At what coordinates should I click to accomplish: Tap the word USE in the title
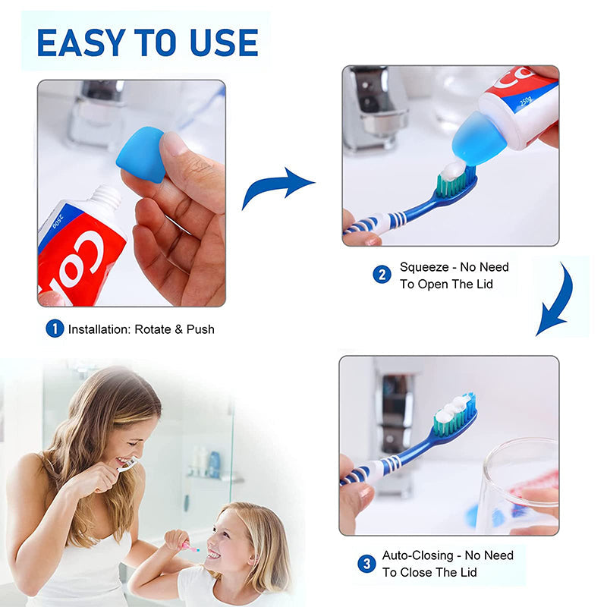(224, 42)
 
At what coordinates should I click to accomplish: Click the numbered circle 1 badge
(55, 329)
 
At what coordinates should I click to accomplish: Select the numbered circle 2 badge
(382, 275)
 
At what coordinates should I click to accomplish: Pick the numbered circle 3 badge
(366, 563)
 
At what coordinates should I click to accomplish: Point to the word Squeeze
(424, 267)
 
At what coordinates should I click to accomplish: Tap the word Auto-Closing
(418, 555)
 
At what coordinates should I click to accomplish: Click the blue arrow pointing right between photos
(278, 186)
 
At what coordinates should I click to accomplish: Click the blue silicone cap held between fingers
(140, 154)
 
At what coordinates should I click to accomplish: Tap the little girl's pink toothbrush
(191, 547)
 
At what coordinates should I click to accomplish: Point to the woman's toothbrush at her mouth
(127, 464)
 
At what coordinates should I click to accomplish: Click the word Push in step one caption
(200, 329)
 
